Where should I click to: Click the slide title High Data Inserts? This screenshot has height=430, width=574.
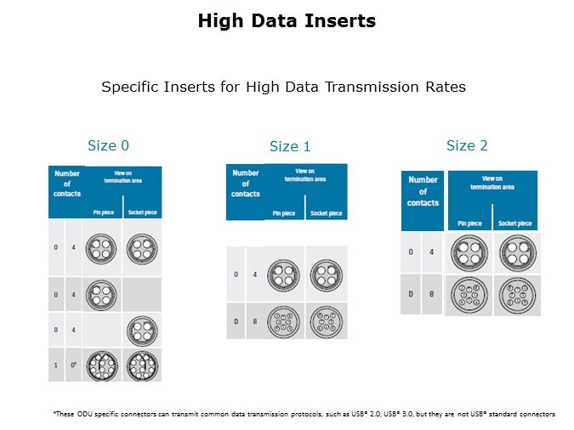(x=286, y=21)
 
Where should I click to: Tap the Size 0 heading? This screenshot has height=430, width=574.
(x=109, y=145)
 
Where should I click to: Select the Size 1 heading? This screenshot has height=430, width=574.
(x=290, y=147)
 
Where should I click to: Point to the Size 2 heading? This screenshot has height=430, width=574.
(x=467, y=145)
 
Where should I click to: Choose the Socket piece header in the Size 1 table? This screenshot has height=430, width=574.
(x=325, y=213)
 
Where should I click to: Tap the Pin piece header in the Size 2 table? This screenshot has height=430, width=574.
(x=469, y=223)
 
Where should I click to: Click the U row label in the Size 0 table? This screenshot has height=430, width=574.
(x=56, y=295)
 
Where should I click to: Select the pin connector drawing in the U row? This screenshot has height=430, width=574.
(x=103, y=294)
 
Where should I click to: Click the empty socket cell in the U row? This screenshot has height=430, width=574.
(x=142, y=294)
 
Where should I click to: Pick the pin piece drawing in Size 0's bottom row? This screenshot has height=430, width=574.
(x=103, y=365)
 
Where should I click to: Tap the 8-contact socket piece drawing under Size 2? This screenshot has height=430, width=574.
(x=516, y=294)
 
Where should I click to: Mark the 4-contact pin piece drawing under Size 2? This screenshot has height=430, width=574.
(x=469, y=252)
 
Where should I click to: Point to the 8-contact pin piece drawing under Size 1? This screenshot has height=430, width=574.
(x=284, y=321)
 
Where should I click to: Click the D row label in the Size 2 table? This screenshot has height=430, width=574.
(x=411, y=294)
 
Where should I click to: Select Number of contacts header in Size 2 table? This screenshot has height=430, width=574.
(x=423, y=192)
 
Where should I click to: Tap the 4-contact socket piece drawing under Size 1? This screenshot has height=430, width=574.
(x=325, y=274)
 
